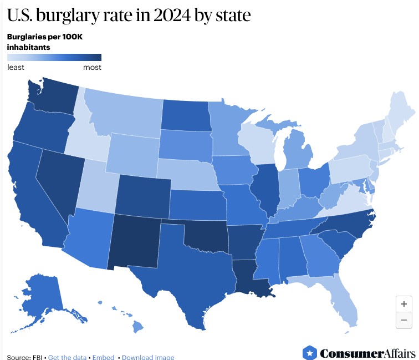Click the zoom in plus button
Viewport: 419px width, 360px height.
point(404,304)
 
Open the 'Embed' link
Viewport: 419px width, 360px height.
point(103,357)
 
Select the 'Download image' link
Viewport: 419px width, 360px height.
point(148,357)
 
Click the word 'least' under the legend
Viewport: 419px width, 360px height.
point(16,68)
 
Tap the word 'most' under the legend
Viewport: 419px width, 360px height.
point(92,68)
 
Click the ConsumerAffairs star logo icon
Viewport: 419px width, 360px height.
point(309,353)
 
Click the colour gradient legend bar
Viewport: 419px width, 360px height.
point(54,58)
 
